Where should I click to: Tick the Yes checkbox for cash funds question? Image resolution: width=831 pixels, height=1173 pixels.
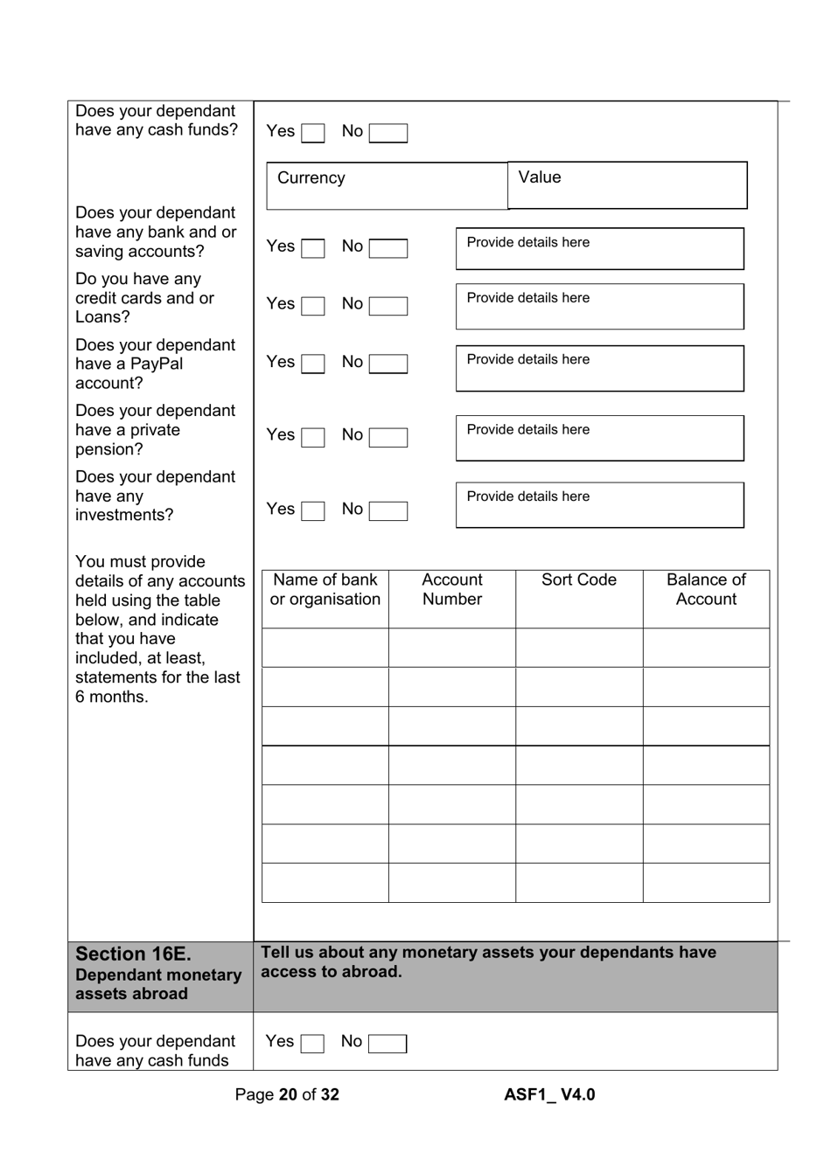click(x=312, y=133)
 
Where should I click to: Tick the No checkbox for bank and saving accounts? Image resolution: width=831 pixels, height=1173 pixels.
click(x=388, y=248)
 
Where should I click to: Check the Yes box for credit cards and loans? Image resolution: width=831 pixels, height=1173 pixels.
click(x=312, y=306)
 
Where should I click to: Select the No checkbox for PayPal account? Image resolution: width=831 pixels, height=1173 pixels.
click(x=388, y=364)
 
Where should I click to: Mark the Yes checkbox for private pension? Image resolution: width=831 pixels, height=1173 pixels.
click(x=312, y=437)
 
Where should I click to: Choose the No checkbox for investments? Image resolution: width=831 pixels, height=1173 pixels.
click(x=388, y=510)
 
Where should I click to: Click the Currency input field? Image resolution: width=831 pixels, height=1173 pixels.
click(x=387, y=186)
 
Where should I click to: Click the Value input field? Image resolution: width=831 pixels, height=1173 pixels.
click(x=627, y=185)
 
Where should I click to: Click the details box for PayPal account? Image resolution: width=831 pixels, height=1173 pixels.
click(x=599, y=368)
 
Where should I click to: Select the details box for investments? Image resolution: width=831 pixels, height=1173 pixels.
click(x=599, y=505)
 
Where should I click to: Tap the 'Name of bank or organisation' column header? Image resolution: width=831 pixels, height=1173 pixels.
click(x=325, y=590)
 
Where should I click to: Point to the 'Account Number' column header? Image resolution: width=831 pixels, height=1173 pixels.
click(x=452, y=590)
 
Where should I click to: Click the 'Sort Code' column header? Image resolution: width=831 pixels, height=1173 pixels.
click(x=579, y=580)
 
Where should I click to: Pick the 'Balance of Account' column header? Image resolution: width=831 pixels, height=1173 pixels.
click(x=706, y=590)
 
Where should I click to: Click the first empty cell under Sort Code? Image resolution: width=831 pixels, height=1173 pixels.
click(x=579, y=648)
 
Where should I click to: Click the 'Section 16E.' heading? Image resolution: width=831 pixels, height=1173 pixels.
click(x=133, y=954)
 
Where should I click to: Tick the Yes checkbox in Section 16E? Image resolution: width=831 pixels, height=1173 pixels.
click(x=312, y=1044)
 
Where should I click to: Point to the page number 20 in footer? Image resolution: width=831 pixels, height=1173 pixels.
click(x=288, y=1095)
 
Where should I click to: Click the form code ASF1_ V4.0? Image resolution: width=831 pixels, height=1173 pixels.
click(x=549, y=1095)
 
